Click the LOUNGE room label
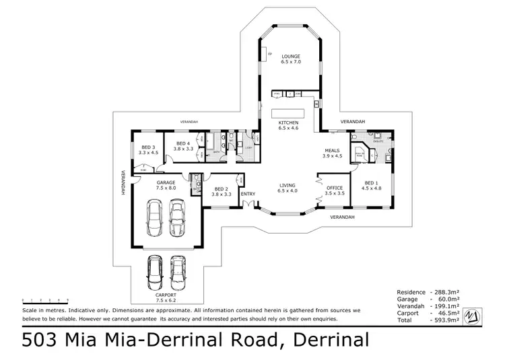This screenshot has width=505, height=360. [291, 56]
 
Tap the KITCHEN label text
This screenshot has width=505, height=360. [288, 122]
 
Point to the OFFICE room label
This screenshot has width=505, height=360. [334, 188]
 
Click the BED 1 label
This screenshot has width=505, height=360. [372, 183]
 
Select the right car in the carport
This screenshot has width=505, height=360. [178, 271]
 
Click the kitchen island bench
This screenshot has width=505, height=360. [294, 113]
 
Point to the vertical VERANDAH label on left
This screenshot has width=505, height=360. [124, 182]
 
